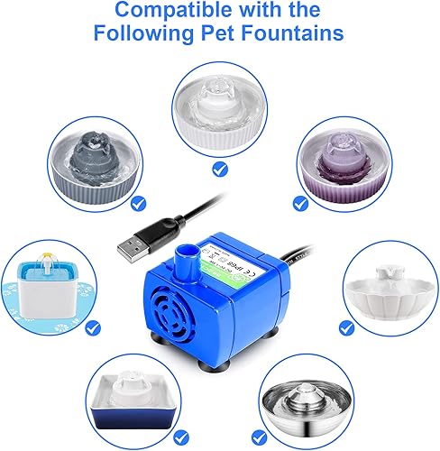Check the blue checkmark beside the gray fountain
coord(137,204)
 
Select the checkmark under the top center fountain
coord(220,168)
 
